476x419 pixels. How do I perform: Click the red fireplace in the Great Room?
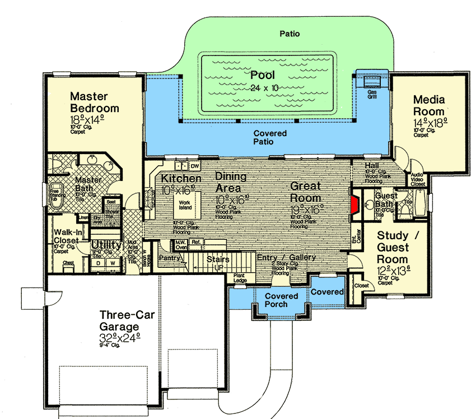tap(353, 204)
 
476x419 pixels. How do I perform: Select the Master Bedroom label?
tap(94, 103)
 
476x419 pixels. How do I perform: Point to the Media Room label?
tap(429, 105)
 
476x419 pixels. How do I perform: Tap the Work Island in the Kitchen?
tap(185, 204)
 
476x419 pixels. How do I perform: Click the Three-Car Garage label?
tap(120, 320)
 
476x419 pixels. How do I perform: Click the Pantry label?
tap(169, 258)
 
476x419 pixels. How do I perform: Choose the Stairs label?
tap(218, 259)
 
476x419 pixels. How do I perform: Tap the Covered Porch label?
tap(281, 300)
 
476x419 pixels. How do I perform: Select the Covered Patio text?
tap(270, 137)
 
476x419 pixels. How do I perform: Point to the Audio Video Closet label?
tap(418, 178)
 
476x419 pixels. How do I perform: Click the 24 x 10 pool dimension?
tap(264, 87)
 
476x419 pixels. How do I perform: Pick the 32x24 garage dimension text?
tap(119, 338)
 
